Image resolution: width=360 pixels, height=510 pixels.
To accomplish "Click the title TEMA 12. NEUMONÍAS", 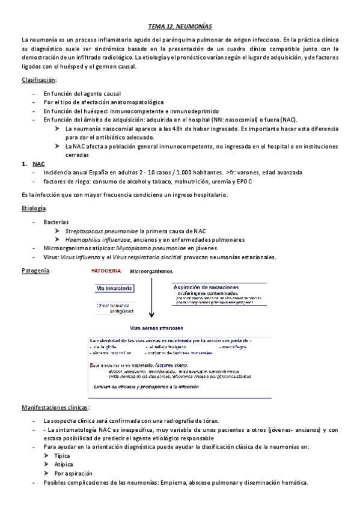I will pos(180,27).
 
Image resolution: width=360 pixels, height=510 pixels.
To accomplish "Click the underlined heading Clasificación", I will pos(39,80).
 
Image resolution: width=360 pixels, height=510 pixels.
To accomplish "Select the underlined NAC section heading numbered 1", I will pos(38,163).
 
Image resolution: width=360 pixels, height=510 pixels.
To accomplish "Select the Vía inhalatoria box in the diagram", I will pos(115,289).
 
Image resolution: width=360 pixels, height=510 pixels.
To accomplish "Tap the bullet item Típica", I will pos(62,456).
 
